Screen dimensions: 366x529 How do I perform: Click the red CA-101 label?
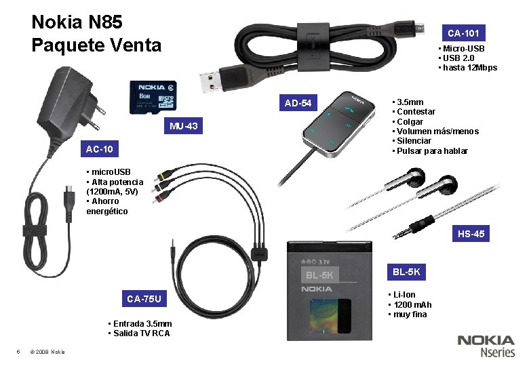464,33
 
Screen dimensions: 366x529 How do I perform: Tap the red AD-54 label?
298,104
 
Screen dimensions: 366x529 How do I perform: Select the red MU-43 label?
184,126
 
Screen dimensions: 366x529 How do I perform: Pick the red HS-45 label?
471,235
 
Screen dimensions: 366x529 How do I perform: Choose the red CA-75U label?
144,299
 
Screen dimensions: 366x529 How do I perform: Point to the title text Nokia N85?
77,22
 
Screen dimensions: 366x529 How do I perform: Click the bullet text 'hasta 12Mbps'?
470,68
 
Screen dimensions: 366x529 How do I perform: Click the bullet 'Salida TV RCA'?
140,333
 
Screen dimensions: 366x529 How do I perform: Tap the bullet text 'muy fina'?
409,314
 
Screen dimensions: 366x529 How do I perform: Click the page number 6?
18,351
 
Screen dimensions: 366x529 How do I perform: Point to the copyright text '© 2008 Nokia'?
48,351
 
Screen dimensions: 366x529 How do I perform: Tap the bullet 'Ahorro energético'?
109,206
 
